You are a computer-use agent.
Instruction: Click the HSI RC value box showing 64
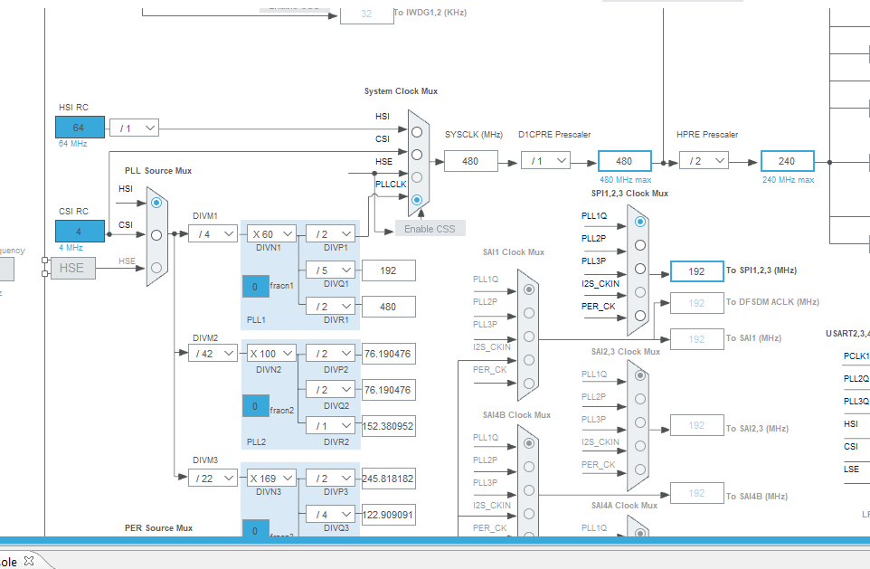point(79,128)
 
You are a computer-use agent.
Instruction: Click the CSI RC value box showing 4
point(79,232)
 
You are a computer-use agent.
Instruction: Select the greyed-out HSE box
point(72,268)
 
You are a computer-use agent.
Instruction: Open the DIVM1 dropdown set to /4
point(213,234)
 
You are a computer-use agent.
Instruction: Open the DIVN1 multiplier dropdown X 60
point(269,234)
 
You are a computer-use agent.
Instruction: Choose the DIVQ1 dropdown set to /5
point(329,270)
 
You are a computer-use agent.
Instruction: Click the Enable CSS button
point(430,228)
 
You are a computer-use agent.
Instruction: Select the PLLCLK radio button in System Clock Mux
point(417,199)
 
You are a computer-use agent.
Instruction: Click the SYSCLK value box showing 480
point(470,161)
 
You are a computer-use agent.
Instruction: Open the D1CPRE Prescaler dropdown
point(545,161)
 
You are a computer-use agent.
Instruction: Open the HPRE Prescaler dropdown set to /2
point(703,161)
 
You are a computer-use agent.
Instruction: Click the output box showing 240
point(787,161)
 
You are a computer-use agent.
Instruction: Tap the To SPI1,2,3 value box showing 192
point(696,271)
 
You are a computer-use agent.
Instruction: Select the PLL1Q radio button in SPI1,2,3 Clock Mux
point(640,221)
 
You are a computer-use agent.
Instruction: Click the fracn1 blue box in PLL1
point(255,287)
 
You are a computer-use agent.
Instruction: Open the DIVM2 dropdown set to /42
point(213,354)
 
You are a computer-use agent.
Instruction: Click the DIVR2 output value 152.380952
point(388,426)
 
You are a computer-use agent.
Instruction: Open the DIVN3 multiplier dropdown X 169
point(269,479)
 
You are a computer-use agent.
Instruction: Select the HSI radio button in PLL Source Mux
point(156,204)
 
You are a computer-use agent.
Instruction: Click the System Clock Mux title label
point(401,91)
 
